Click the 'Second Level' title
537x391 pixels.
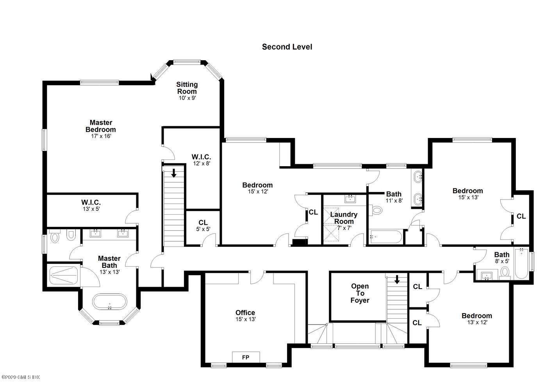[287, 47]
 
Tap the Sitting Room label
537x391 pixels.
[187, 88]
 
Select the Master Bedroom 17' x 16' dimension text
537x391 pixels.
[101, 136]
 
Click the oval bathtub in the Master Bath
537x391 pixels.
[110, 301]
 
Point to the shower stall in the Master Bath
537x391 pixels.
[64, 275]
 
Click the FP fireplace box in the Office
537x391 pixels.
[246, 357]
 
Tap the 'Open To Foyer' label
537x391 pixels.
[360, 293]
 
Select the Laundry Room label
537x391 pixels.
[344, 218]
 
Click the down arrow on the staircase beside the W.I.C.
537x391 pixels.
[174, 173]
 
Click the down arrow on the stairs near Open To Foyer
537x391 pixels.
[397, 280]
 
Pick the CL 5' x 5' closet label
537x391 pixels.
[203, 226]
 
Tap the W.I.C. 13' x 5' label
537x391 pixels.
[91, 205]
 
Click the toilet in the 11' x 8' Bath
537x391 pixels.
[375, 210]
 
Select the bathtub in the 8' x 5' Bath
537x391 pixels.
[521, 264]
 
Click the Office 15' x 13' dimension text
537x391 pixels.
[246, 319]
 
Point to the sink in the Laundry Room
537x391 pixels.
[351, 199]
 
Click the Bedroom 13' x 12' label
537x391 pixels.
[477, 319]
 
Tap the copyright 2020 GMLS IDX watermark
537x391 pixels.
[20, 377]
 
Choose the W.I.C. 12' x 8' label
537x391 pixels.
[202, 160]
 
